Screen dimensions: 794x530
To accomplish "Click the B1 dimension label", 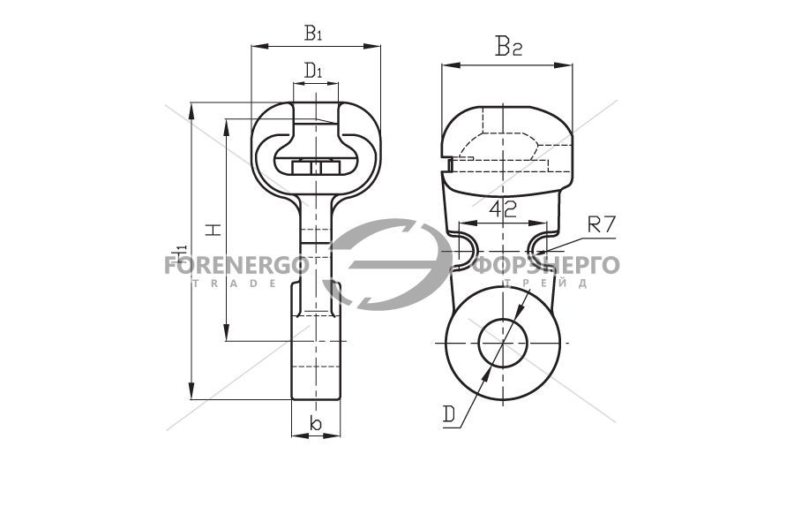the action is click(x=313, y=33).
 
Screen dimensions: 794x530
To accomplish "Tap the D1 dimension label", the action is click(x=314, y=70).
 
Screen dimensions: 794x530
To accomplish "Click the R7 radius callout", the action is click(x=601, y=224).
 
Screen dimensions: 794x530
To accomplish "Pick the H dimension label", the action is click(x=214, y=230).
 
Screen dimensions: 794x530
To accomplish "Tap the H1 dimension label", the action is click(x=179, y=252).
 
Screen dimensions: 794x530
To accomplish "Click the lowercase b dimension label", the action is click(x=315, y=423).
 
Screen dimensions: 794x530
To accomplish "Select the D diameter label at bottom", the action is click(x=449, y=414).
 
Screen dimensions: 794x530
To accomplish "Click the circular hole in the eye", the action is click(x=503, y=343).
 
